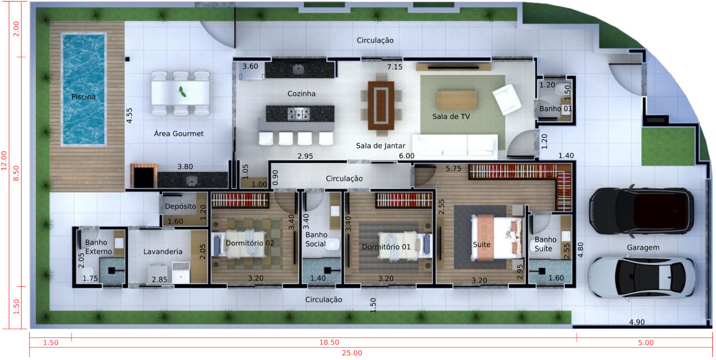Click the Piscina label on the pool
pos(83,97)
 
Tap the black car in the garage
pos(641,210)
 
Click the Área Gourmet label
pos(178,133)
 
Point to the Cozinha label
pos(301,94)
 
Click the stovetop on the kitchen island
pos(298,114)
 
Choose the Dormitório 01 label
pos(386,247)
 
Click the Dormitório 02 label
pos(250,243)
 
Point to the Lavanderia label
pos(163,252)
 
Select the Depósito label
pos(181,207)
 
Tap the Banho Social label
pos(316,239)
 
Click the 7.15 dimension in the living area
pos(394,67)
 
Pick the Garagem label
pos(643,247)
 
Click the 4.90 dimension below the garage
pos(637,322)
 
